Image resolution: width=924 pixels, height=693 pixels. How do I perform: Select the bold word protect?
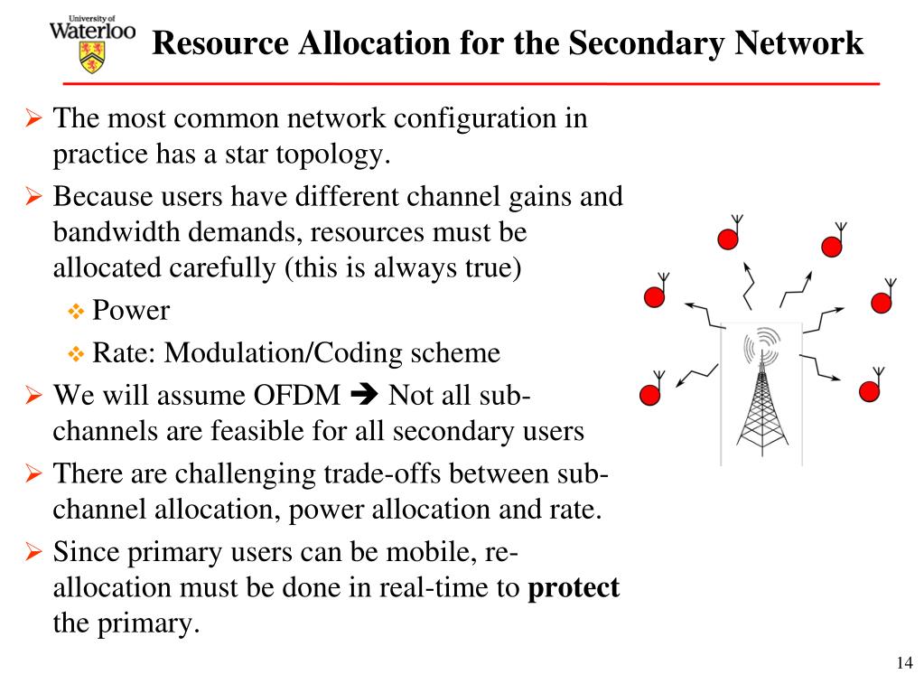coord(574,588)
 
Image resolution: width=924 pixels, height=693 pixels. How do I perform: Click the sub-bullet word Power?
coord(131,311)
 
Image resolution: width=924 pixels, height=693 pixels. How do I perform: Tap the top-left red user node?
coord(728,239)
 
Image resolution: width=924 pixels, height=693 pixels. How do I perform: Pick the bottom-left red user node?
coord(649,394)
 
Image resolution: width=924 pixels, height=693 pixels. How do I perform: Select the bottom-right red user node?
coord(869,390)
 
